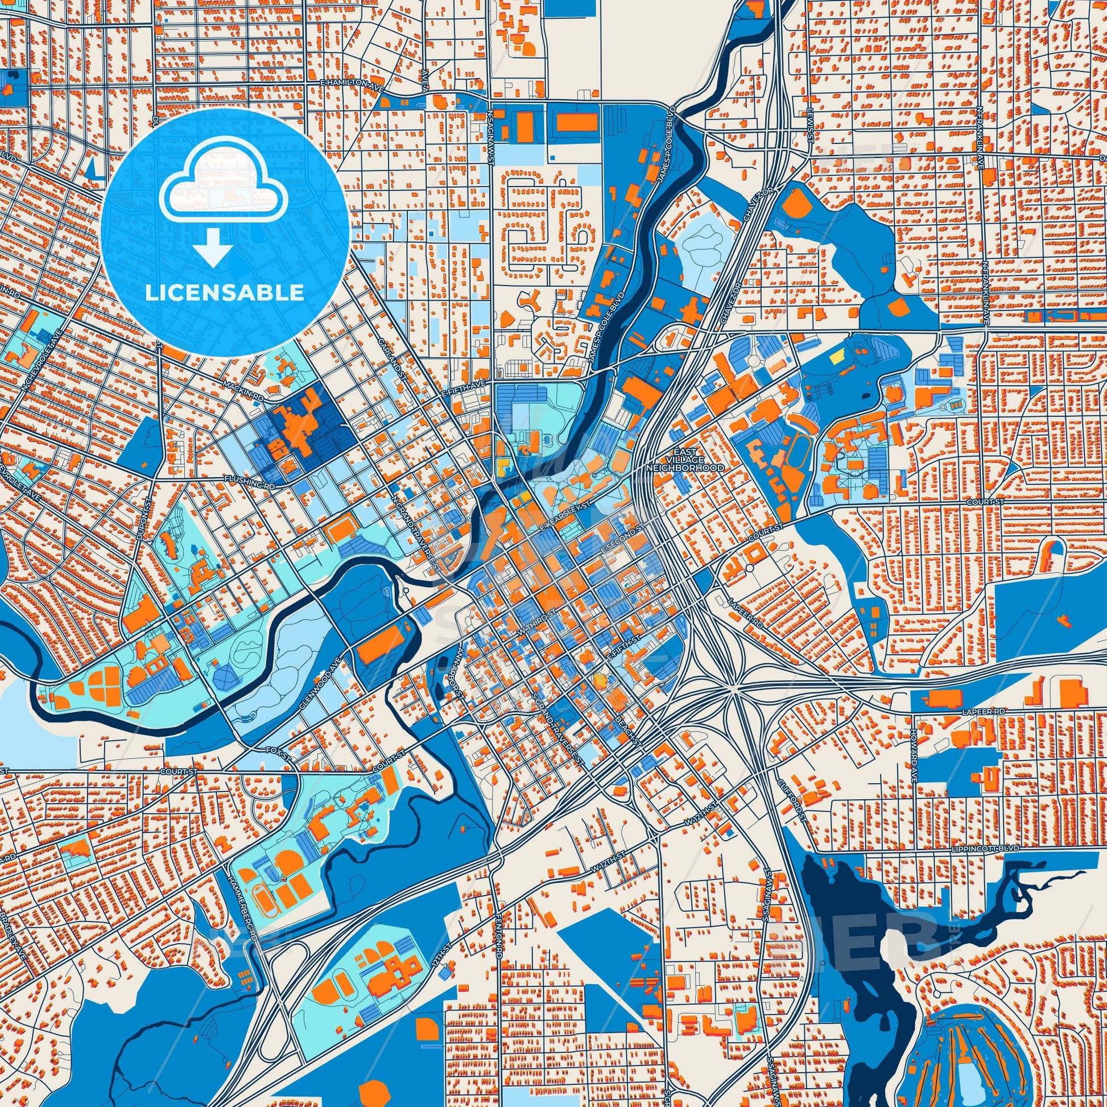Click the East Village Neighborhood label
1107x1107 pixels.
click(684, 460)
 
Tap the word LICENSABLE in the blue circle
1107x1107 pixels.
click(225, 293)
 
